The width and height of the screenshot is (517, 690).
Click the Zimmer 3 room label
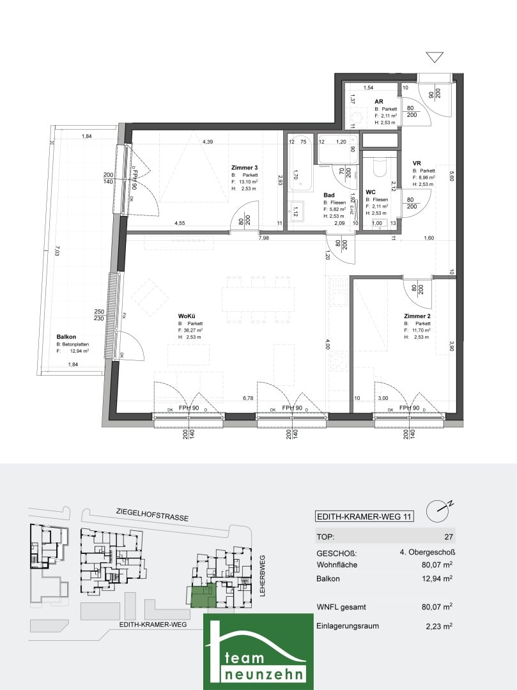[243, 168]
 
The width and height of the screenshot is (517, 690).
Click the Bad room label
[329, 195]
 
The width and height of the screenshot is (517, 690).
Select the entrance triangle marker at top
[435, 57]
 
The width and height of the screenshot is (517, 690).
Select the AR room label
[378, 102]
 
